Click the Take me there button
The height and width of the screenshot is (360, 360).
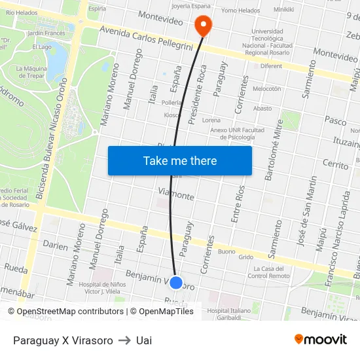click(x=179, y=160)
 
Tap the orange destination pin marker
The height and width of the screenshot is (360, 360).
click(x=204, y=26)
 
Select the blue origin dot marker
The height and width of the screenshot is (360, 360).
click(x=176, y=283)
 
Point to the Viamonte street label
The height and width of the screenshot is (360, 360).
click(x=176, y=194)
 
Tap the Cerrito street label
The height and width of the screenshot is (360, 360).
click(x=336, y=164)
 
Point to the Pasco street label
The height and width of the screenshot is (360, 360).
click(x=335, y=121)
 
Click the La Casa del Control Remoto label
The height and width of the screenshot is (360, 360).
click(x=269, y=272)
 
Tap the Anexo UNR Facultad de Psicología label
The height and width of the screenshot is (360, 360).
click(x=237, y=134)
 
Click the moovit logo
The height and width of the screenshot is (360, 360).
click(x=320, y=339)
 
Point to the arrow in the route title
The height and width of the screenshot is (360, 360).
click(x=124, y=340)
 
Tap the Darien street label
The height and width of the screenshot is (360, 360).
click(x=55, y=245)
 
